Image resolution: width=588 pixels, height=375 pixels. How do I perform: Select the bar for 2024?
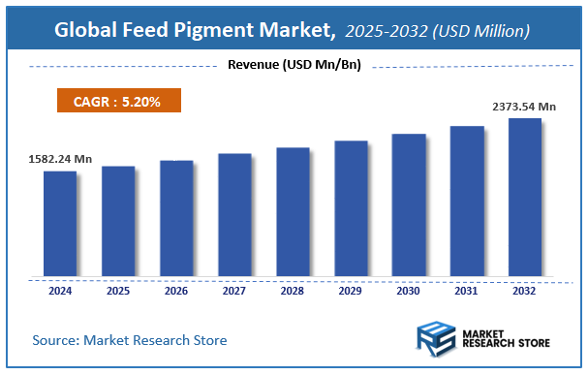pyautogui.click(x=60, y=223)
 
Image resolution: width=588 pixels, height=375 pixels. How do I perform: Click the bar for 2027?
pyautogui.click(x=234, y=214)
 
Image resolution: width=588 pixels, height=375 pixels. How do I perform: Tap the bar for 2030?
pyautogui.click(x=409, y=204)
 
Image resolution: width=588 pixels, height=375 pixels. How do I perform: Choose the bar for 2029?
pyautogui.click(x=351, y=208)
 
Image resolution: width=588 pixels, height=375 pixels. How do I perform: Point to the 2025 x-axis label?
pyautogui.click(x=118, y=290)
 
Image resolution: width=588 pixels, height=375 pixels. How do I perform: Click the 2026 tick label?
pyautogui.click(x=176, y=290)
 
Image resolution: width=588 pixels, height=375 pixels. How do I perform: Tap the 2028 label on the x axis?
pyautogui.click(x=293, y=290)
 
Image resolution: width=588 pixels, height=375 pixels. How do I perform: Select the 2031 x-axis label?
pyautogui.click(x=467, y=290)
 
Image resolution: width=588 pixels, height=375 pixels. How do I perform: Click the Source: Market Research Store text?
pyautogui.click(x=130, y=340)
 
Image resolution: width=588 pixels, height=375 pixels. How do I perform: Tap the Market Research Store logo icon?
pyautogui.click(x=436, y=340)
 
